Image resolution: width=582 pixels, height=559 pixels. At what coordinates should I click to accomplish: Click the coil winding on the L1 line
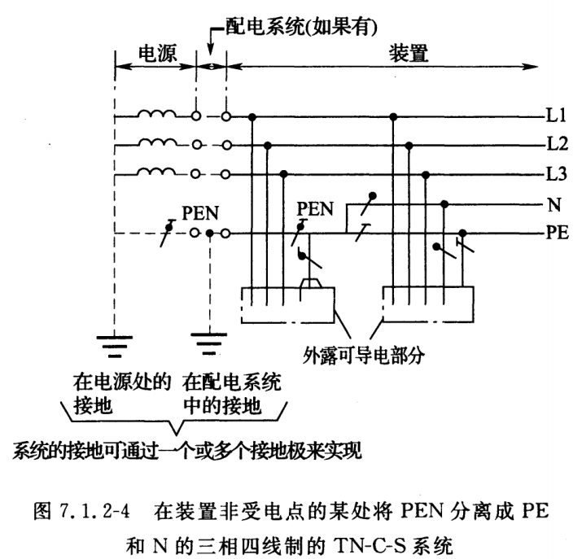tap(155, 115)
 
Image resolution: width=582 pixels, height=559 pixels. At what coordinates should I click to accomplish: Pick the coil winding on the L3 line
tap(155, 171)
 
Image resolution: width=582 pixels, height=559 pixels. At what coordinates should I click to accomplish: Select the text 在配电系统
tap(232, 380)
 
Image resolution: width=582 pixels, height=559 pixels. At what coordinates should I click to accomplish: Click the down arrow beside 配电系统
tap(211, 37)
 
